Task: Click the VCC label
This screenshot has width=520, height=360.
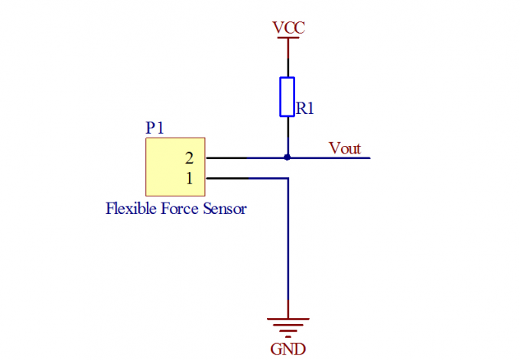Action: (288, 28)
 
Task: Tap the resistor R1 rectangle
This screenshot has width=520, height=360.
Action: (288, 96)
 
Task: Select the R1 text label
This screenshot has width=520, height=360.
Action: (305, 109)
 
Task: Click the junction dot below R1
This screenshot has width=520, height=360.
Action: (288, 157)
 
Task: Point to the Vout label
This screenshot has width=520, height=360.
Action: (344, 148)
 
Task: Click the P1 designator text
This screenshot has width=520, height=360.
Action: (154, 128)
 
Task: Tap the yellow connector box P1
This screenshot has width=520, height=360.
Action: (175, 167)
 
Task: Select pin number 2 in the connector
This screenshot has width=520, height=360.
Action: (189, 158)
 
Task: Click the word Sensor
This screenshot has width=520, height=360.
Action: (226, 208)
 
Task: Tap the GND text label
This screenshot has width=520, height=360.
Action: (288, 349)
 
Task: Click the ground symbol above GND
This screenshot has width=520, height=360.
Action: (288, 326)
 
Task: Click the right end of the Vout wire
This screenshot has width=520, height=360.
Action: (369, 158)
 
